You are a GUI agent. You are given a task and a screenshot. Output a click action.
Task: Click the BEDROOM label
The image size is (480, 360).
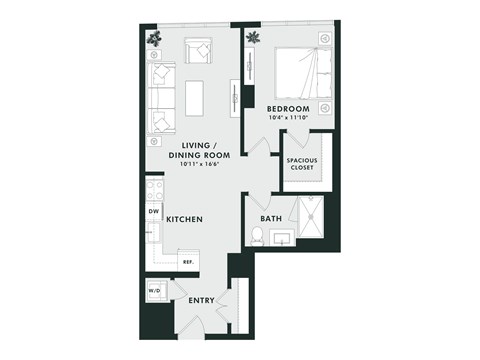coord(288,108)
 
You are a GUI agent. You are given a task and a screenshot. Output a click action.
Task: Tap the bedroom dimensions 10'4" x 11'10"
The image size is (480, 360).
coord(288,119)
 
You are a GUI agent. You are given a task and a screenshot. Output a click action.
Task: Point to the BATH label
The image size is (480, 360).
coord(271,218)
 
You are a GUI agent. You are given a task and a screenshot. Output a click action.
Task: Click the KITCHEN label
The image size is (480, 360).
coord(185,218)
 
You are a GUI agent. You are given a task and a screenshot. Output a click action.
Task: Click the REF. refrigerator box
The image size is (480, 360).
coord(186,260)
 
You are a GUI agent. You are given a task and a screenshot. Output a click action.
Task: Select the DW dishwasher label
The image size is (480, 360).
coord(154,212)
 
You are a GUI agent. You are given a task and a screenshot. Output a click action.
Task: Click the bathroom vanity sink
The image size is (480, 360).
coord(281,238)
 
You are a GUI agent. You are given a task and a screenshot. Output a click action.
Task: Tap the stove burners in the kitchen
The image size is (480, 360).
coord(154,189)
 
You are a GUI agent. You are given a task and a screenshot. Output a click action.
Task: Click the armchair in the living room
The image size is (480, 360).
coord(197,49)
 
